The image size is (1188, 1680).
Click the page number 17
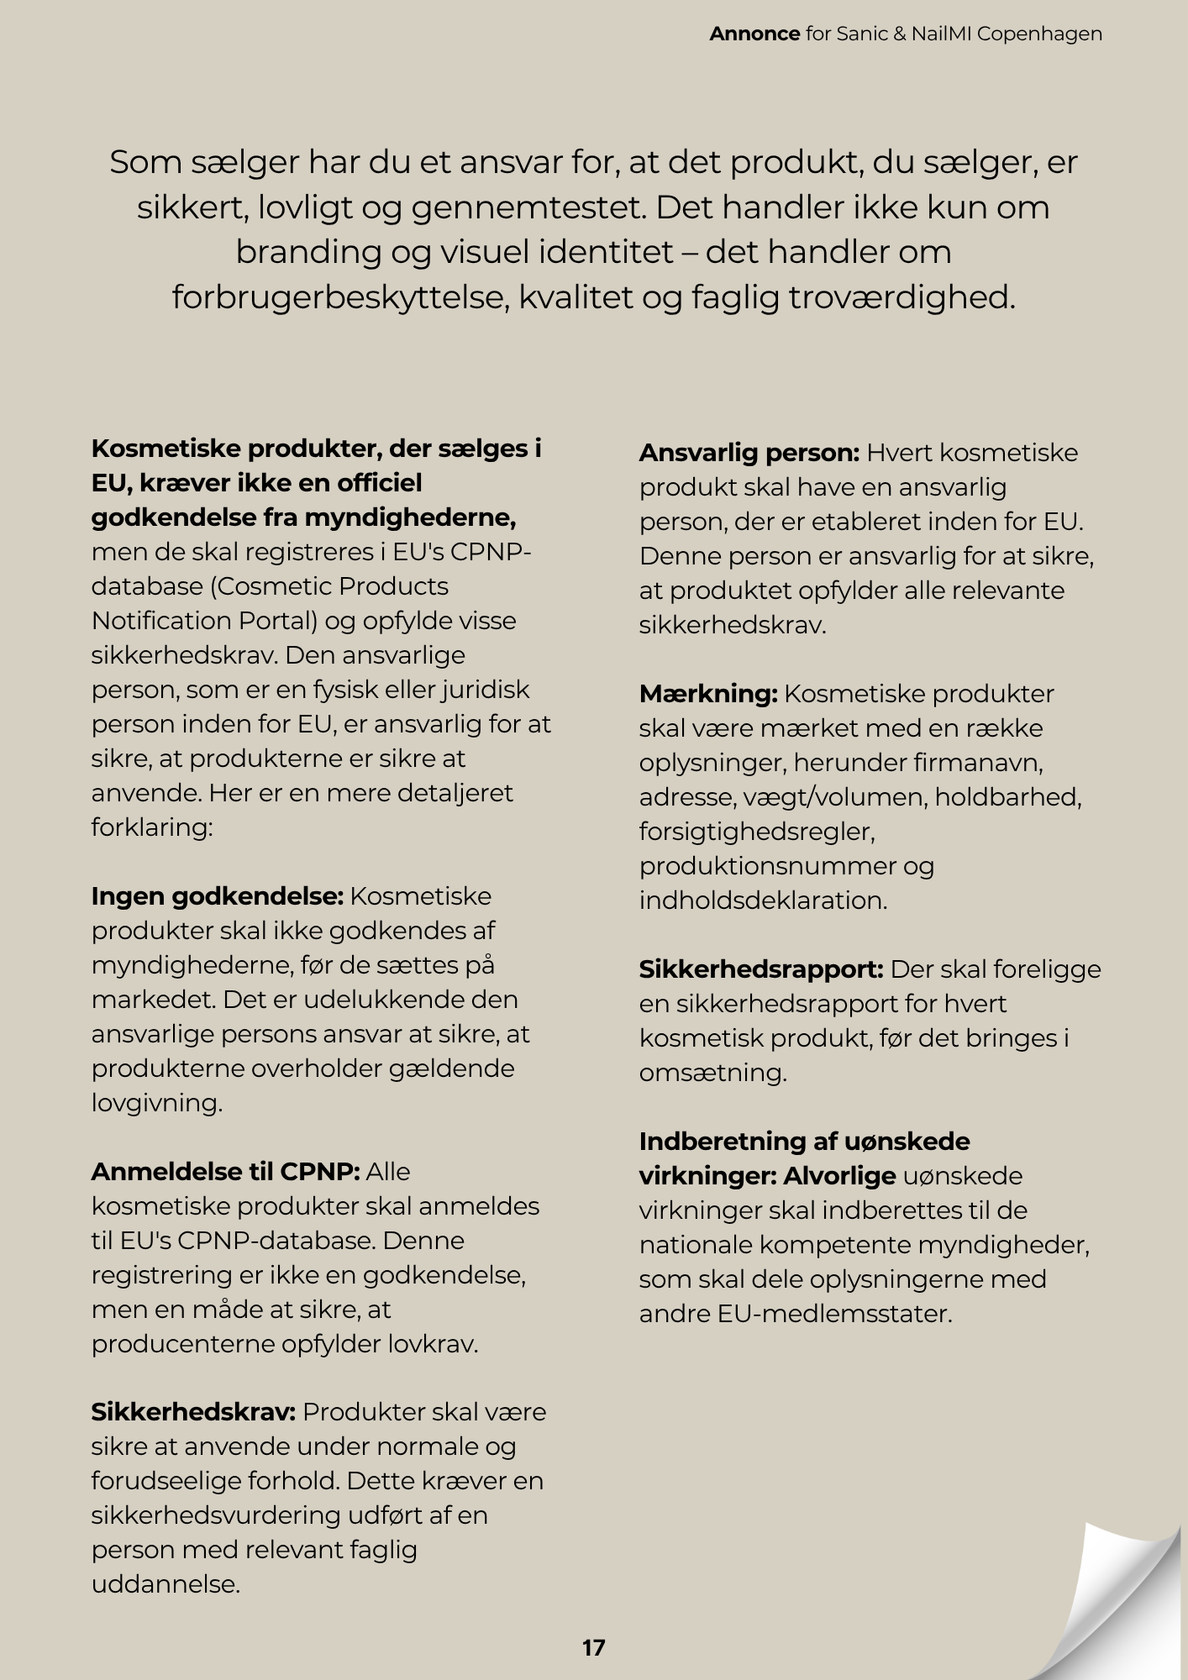click(593, 1647)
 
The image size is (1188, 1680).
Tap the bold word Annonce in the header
click(754, 34)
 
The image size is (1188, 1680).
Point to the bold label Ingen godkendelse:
click(218, 896)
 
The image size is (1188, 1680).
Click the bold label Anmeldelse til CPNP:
click(225, 1171)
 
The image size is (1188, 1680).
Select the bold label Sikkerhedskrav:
click(193, 1412)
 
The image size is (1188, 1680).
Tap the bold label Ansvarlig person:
click(749, 453)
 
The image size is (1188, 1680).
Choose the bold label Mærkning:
click(708, 694)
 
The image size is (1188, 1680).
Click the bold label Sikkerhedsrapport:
click(760, 969)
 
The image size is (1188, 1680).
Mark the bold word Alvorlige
click(839, 1176)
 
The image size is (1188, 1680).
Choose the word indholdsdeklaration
click(762, 900)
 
